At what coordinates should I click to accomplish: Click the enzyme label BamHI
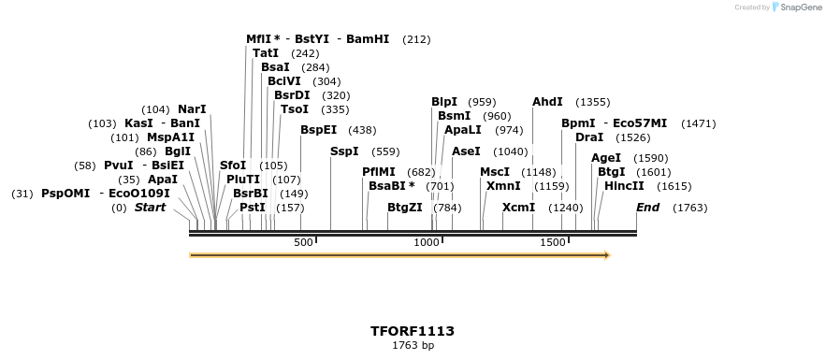[x=368, y=39]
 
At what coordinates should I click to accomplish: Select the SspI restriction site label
[x=344, y=151]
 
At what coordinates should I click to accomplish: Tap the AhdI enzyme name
[x=547, y=102]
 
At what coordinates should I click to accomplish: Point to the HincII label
[x=624, y=186]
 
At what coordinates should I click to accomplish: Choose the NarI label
[x=192, y=109]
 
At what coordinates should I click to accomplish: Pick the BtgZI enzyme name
[x=405, y=207]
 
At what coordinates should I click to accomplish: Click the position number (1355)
[x=593, y=102]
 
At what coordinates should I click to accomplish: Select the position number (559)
[x=385, y=151]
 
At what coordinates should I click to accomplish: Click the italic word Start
[x=150, y=207]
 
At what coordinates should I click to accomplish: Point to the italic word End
[x=647, y=207]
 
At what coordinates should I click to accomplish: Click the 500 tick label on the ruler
[x=303, y=243]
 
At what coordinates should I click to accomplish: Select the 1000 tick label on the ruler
[x=427, y=243]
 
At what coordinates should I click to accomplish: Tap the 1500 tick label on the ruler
[x=553, y=243]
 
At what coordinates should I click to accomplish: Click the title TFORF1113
[x=413, y=331]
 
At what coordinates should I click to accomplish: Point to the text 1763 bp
[x=413, y=346]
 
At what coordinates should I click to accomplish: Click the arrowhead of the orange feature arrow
[x=607, y=254]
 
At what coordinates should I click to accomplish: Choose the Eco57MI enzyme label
[x=640, y=123]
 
